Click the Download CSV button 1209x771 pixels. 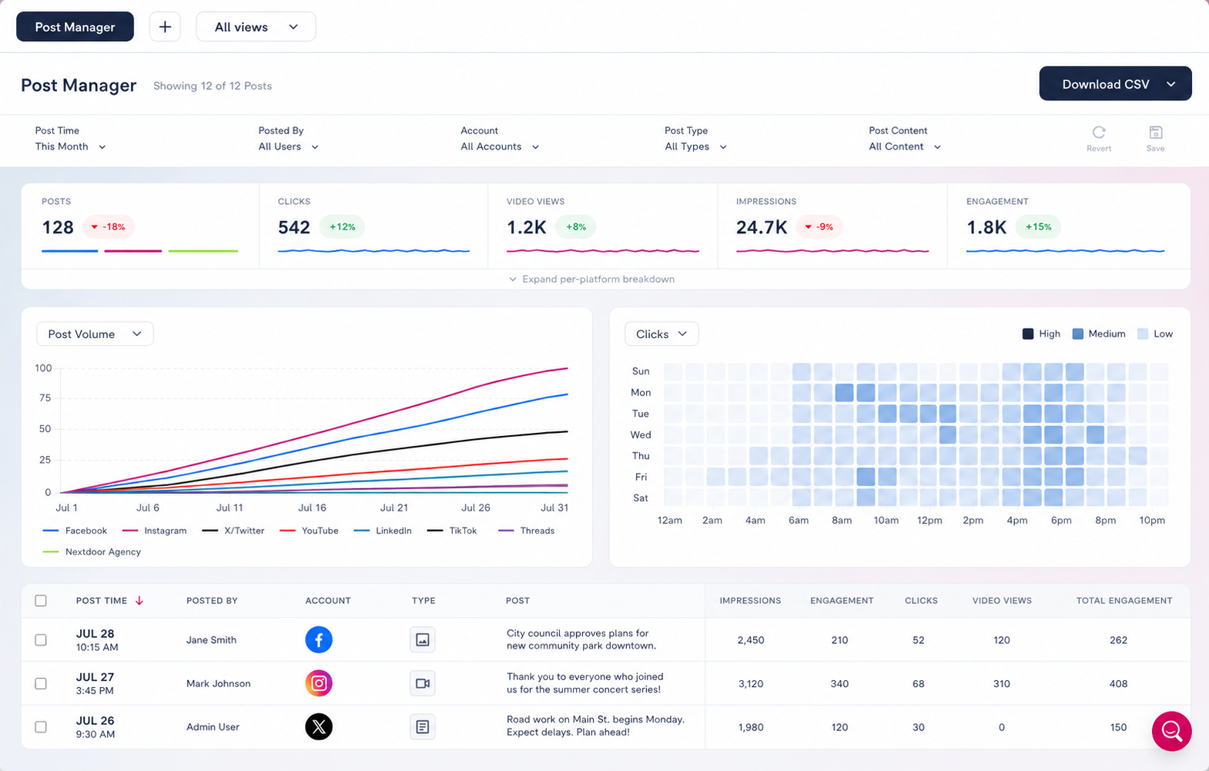[1115, 84]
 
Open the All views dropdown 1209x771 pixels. [256, 27]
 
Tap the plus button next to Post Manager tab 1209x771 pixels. [165, 27]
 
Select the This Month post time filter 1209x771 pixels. [70, 146]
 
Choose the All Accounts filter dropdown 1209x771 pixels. [499, 146]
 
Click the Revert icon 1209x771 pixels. [1099, 132]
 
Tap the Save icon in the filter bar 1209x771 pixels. [1156, 132]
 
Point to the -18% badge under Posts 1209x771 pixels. [109, 226]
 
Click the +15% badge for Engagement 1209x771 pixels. [1038, 226]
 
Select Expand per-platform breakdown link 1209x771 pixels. [592, 279]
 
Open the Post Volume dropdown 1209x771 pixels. [95, 334]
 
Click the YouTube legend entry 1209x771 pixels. [310, 531]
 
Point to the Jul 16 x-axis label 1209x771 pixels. [312, 508]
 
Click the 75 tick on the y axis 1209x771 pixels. [45, 398]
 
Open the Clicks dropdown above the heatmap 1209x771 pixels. [661, 334]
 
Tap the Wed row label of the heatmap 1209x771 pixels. [641, 434]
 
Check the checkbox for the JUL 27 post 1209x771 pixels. [41, 683]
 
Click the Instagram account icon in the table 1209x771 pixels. [319, 683]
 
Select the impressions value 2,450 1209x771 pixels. [751, 640]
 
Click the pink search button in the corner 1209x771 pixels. [1172, 731]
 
